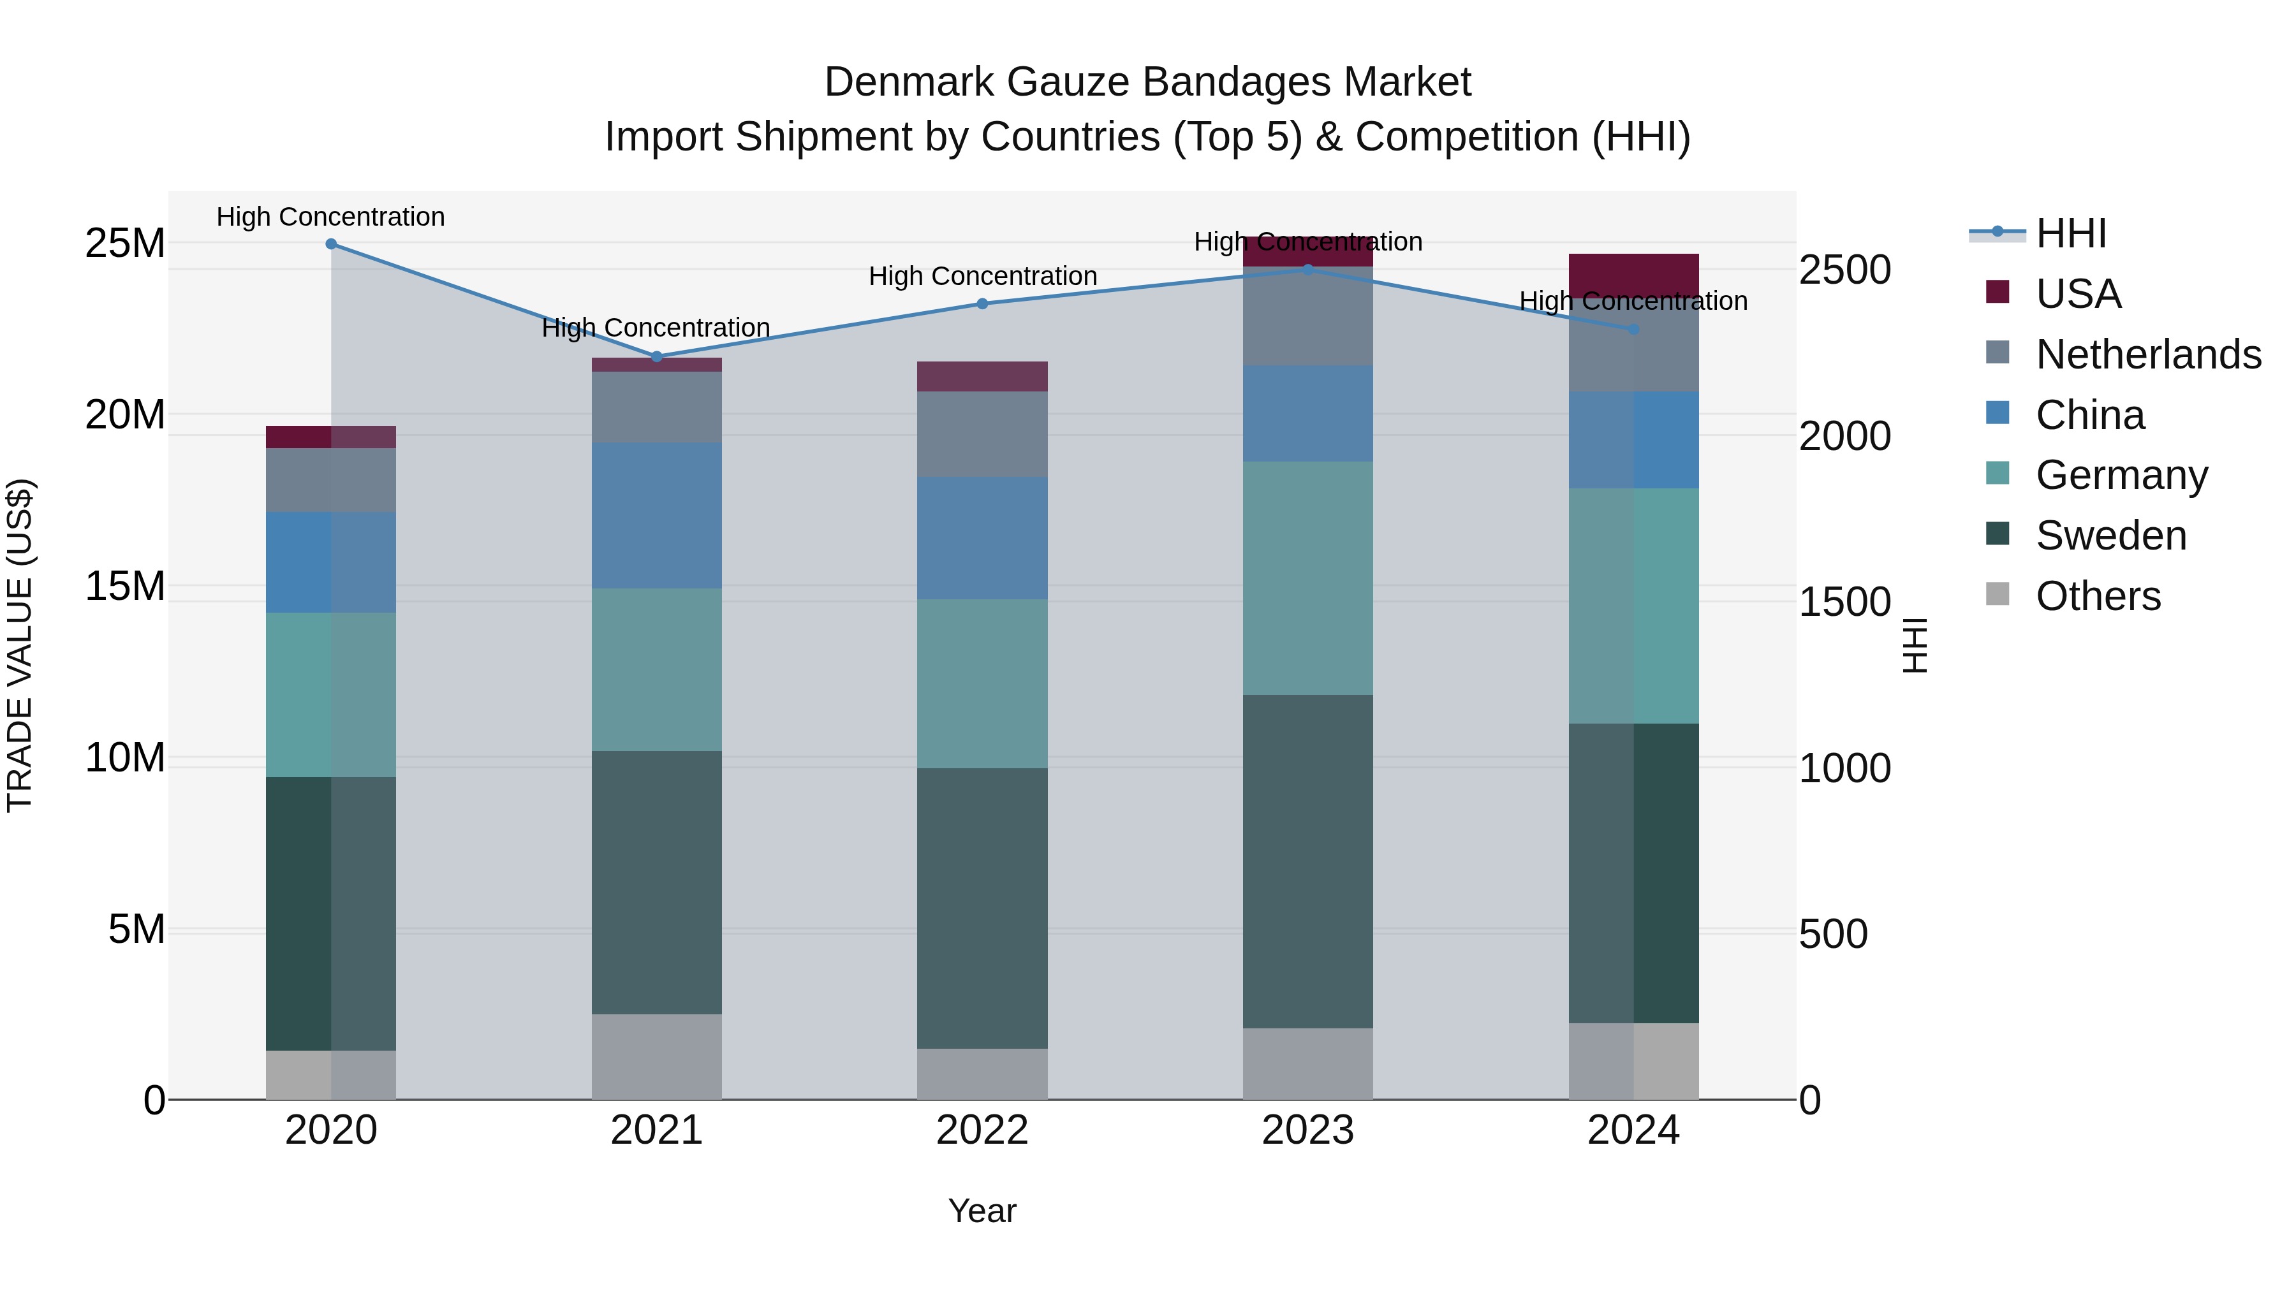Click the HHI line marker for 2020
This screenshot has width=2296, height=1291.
[330, 244]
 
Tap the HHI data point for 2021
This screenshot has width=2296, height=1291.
[657, 356]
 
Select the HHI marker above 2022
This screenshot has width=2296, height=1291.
[982, 304]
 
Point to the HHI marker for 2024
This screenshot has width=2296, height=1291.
[1634, 329]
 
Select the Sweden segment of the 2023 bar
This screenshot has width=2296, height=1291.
[1307, 861]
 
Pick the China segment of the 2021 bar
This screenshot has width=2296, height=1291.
[657, 515]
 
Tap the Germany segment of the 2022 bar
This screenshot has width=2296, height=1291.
[982, 683]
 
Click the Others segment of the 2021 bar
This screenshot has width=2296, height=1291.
[657, 1056]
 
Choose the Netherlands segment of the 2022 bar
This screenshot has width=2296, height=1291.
[982, 434]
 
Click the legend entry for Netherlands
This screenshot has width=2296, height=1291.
[2147, 354]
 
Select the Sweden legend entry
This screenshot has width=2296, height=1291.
[2110, 536]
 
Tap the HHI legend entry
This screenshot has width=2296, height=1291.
[2070, 233]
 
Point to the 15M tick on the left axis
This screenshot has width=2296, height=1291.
[125, 587]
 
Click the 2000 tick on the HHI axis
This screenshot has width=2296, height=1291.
[1844, 435]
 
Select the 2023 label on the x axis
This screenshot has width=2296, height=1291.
[1307, 1130]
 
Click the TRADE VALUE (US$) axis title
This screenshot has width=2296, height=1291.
[20, 645]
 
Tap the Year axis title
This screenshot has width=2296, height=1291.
[982, 1211]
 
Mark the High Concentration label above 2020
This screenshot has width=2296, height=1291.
[330, 217]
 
